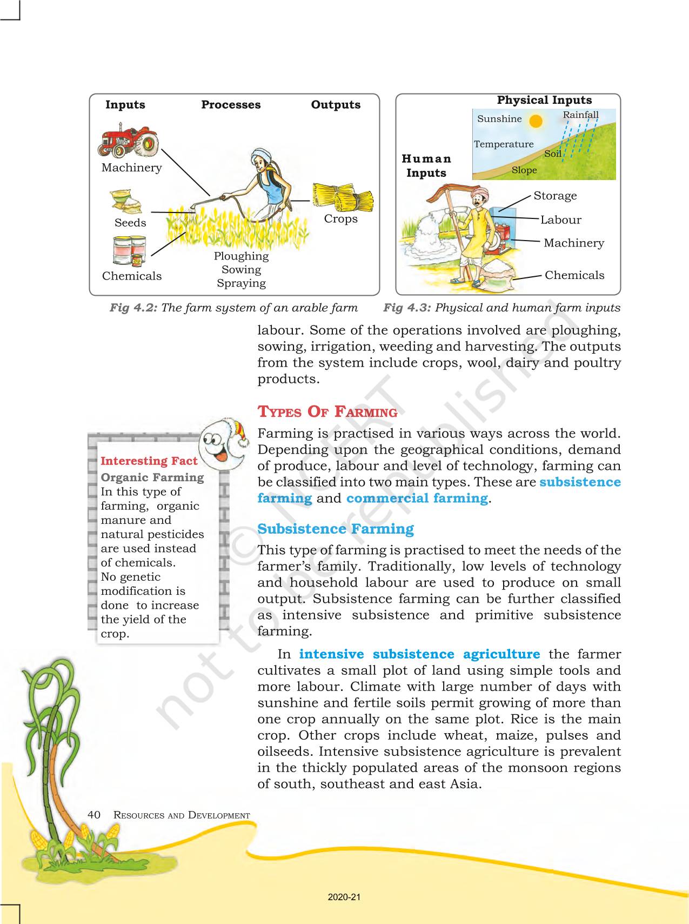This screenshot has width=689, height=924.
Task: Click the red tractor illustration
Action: (x=129, y=142)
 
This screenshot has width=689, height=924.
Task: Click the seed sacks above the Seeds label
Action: (x=126, y=201)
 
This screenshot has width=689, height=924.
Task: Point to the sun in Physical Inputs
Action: (x=536, y=121)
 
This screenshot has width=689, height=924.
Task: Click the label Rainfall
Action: (x=580, y=115)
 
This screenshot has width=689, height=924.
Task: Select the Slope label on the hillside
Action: (x=524, y=170)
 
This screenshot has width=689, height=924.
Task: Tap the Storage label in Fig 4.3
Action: (x=555, y=196)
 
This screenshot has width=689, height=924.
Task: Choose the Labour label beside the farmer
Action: (x=561, y=220)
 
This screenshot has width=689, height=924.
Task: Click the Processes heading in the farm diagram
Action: (x=231, y=105)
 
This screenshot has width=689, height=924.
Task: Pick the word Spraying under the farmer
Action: (x=241, y=283)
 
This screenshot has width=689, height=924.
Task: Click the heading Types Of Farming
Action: (x=327, y=412)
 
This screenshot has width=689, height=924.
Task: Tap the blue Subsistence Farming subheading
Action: (x=336, y=529)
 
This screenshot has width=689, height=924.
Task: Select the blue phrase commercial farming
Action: (x=417, y=498)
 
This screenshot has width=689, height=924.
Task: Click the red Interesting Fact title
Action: (x=149, y=461)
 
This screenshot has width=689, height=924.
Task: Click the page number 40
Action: (x=94, y=815)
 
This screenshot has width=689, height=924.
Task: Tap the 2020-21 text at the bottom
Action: (x=344, y=897)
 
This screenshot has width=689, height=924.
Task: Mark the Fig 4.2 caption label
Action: (x=133, y=308)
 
